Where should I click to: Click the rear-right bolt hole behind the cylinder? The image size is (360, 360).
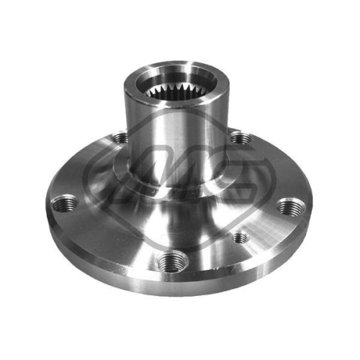pyautogui.click(x=238, y=137)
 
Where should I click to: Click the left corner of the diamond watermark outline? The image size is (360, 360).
pyautogui.click(x=86, y=173)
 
